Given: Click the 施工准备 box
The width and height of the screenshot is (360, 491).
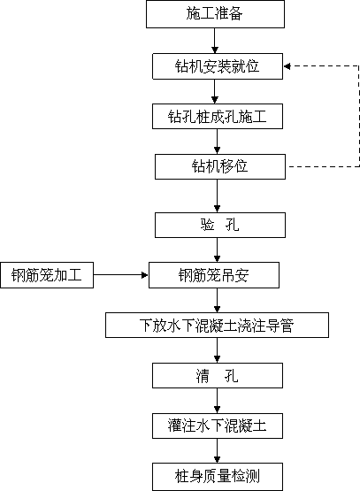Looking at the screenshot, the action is click(x=215, y=14).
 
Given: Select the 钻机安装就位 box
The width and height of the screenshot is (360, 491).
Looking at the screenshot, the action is click(x=218, y=66).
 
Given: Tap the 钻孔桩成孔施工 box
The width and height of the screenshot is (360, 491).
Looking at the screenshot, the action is click(x=218, y=117).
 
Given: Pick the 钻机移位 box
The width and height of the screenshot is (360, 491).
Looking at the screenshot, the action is click(x=220, y=166).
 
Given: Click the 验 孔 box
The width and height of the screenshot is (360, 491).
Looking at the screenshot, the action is click(x=220, y=225).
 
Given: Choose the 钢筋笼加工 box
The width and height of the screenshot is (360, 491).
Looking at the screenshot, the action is click(x=47, y=275).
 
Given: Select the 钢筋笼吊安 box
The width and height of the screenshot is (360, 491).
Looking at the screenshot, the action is click(x=214, y=275).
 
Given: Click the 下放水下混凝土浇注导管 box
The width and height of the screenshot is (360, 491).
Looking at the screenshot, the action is click(x=217, y=325).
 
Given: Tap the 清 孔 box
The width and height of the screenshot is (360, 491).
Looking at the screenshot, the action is click(x=218, y=376).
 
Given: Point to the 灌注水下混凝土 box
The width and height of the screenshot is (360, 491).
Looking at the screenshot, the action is click(x=218, y=426).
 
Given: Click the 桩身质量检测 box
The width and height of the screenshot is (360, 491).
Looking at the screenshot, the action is click(x=218, y=477).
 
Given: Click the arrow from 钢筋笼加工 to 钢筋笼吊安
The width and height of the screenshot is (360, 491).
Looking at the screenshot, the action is click(x=121, y=275).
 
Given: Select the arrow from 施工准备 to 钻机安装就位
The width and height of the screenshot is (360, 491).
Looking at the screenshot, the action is click(x=215, y=41).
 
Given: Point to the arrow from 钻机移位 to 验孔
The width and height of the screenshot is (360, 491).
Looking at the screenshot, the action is click(x=218, y=196).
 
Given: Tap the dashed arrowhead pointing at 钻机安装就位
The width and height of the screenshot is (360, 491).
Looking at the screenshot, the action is click(x=287, y=66).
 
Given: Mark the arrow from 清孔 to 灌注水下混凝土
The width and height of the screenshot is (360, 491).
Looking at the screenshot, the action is click(x=218, y=401).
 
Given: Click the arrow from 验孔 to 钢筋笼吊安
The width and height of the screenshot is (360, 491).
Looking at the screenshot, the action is click(x=218, y=249).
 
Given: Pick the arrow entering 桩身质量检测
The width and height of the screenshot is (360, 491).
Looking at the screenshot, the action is click(x=218, y=451).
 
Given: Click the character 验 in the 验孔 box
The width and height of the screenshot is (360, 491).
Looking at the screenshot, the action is click(x=208, y=225).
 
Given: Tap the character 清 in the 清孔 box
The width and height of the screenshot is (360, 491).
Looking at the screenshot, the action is click(x=203, y=376).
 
